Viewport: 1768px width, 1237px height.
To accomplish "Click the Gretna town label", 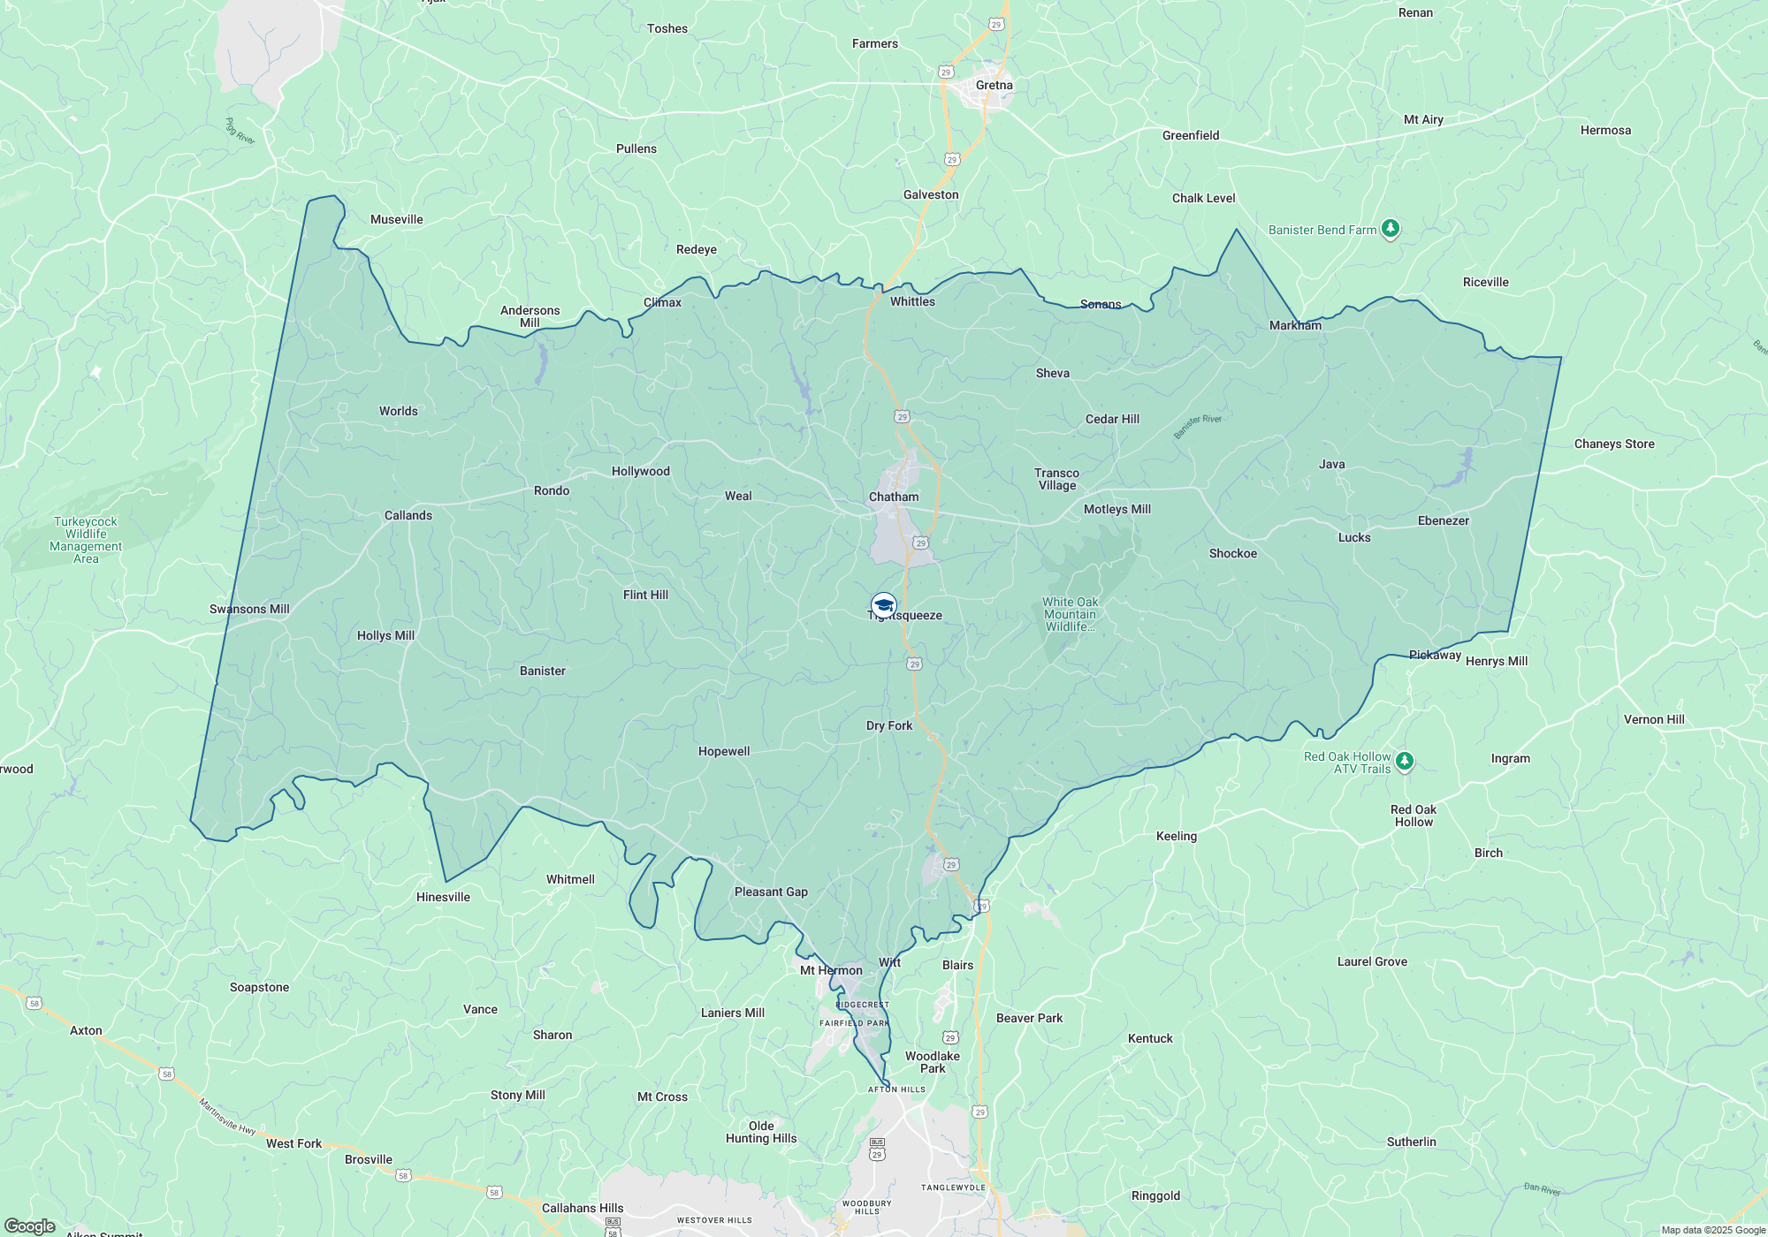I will point(994,86).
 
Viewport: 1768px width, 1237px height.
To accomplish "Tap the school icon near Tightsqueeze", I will point(883,605).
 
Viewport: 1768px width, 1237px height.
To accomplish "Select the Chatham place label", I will point(894,497).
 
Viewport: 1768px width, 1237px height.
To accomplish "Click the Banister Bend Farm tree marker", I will point(1391,229).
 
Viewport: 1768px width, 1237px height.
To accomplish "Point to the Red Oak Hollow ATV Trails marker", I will point(1405,761).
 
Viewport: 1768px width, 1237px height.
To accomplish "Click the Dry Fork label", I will point(889,726).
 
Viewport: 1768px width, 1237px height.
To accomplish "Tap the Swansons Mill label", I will point(249,610).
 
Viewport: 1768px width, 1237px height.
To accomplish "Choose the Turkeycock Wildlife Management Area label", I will point(86,540).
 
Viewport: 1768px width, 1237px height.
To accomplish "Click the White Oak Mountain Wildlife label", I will point(1070,614).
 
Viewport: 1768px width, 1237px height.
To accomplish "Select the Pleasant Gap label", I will point(771,892).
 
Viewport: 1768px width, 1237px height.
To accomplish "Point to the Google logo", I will point(29,1226).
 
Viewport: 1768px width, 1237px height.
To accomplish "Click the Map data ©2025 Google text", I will point(1712,1230).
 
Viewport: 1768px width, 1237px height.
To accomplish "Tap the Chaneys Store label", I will point(1614,444).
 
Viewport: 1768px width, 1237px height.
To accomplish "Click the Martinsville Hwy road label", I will point(227,1118).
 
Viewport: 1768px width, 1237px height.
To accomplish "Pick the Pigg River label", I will point(240,132).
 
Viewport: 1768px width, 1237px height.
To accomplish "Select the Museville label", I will point(396,220).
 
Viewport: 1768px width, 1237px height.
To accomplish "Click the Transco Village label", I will point(1057,479).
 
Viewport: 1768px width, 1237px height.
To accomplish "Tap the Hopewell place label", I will point(724,752).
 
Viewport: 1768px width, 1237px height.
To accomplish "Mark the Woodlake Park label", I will point(933,1062).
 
